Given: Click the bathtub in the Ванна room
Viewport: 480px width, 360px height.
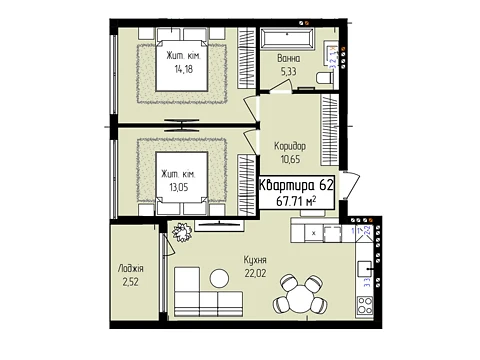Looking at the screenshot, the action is pyautogui.click(x=288, y=39).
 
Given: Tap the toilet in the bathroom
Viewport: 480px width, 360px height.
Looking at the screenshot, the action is pyautogui.click(x=324, y=78).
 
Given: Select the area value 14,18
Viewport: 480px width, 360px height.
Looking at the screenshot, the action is pyautogui.click(x=183, y=69).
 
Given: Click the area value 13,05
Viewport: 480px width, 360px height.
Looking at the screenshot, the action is pyautogui.click(x=179, y=187).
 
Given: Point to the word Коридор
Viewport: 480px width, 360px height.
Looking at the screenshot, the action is pyautogui.click(x=290, y=146).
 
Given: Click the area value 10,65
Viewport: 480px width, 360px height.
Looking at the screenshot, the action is pyautogui.click(x=290, y=159).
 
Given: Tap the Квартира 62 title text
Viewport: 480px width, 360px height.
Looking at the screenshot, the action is pyautogui.click(x=296, y=185).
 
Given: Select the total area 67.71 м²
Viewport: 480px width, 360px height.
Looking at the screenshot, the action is pyautogui.click(x=296, y=201).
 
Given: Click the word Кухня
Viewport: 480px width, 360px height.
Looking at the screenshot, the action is pyautogui.click(x=255, y=260).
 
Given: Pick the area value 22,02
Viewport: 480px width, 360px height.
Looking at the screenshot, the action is pyautogui.click(x=256, y=273).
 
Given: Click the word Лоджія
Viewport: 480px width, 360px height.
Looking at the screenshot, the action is pyautogui.click(x=131, y=269).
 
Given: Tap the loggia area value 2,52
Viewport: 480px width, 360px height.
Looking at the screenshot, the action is pyautogui.click(x=130, y=282).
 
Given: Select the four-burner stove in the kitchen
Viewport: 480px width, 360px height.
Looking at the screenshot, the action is pyautogui.click(x=365, y=305).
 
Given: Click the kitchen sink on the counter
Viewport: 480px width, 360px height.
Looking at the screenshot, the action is pyautogui.click(x=365, y=269).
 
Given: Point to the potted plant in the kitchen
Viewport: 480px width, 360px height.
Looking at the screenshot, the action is pyautogui.click(x=182, y=232).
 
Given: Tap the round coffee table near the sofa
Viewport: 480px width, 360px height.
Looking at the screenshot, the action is pyautogui.click(x=220, y=278).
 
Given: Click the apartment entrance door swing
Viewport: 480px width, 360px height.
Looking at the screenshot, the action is pyautogui.click(x=350, y=185).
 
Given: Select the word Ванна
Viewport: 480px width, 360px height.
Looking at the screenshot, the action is pyautogui.click(x=289, y=59).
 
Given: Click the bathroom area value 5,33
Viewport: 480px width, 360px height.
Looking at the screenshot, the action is pyautogui.click(x=289, y=72).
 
